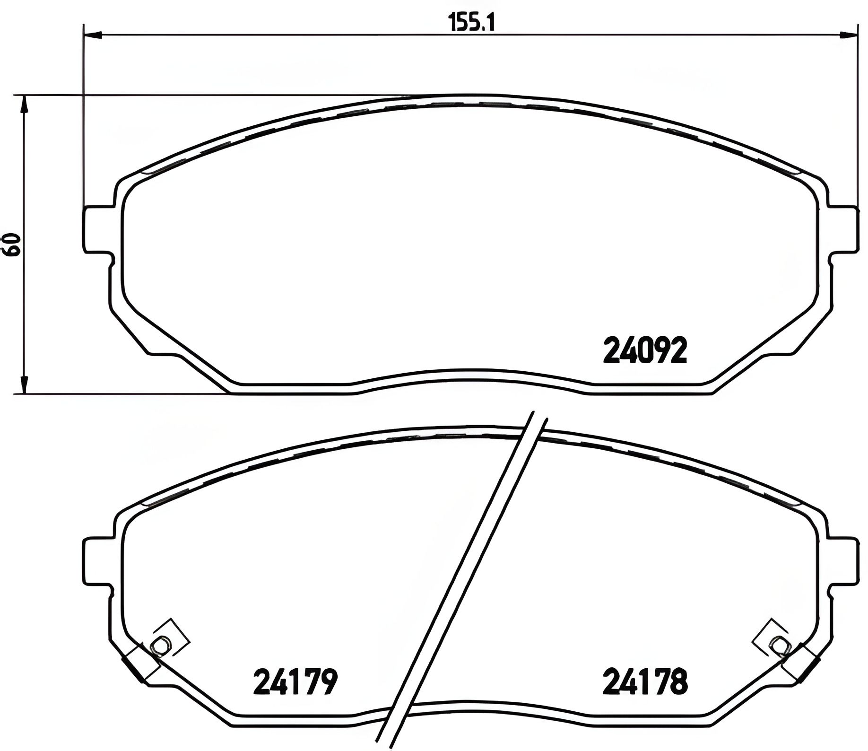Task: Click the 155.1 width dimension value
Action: [470, 22]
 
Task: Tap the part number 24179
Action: [295, 682]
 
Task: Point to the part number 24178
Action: [645, 682]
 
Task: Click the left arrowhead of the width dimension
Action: [93, 34]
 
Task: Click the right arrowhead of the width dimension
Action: [848, 34]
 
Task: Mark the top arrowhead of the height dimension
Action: [23, 104]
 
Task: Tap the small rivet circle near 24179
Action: [161, 645]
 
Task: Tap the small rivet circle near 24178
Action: [780, 645]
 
